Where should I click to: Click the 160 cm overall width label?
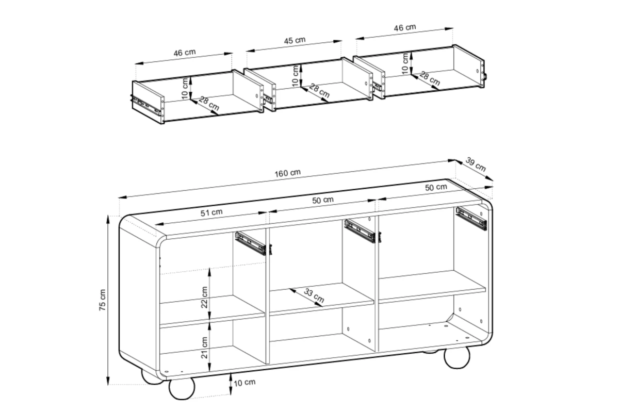point(287,173)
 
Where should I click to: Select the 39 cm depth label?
point(476,164)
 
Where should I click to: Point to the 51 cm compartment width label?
point(211,213)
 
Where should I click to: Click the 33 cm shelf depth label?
point(314,295)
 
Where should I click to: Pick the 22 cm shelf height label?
point(204,297)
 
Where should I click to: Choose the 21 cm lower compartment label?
point(204,348)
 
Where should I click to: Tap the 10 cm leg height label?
point(245,383)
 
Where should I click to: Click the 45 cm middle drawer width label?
point(295,40)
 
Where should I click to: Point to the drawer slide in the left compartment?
point(250,243)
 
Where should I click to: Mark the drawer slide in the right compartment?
point(471,219)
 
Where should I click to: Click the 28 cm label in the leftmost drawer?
point(209,103)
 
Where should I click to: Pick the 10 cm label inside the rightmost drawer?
point(405,63)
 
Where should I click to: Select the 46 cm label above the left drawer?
point(185,53)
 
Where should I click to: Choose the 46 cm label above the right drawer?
point(405,28)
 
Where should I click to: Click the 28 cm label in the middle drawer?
point(319,91)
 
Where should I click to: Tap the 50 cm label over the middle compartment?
point(323,200)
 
